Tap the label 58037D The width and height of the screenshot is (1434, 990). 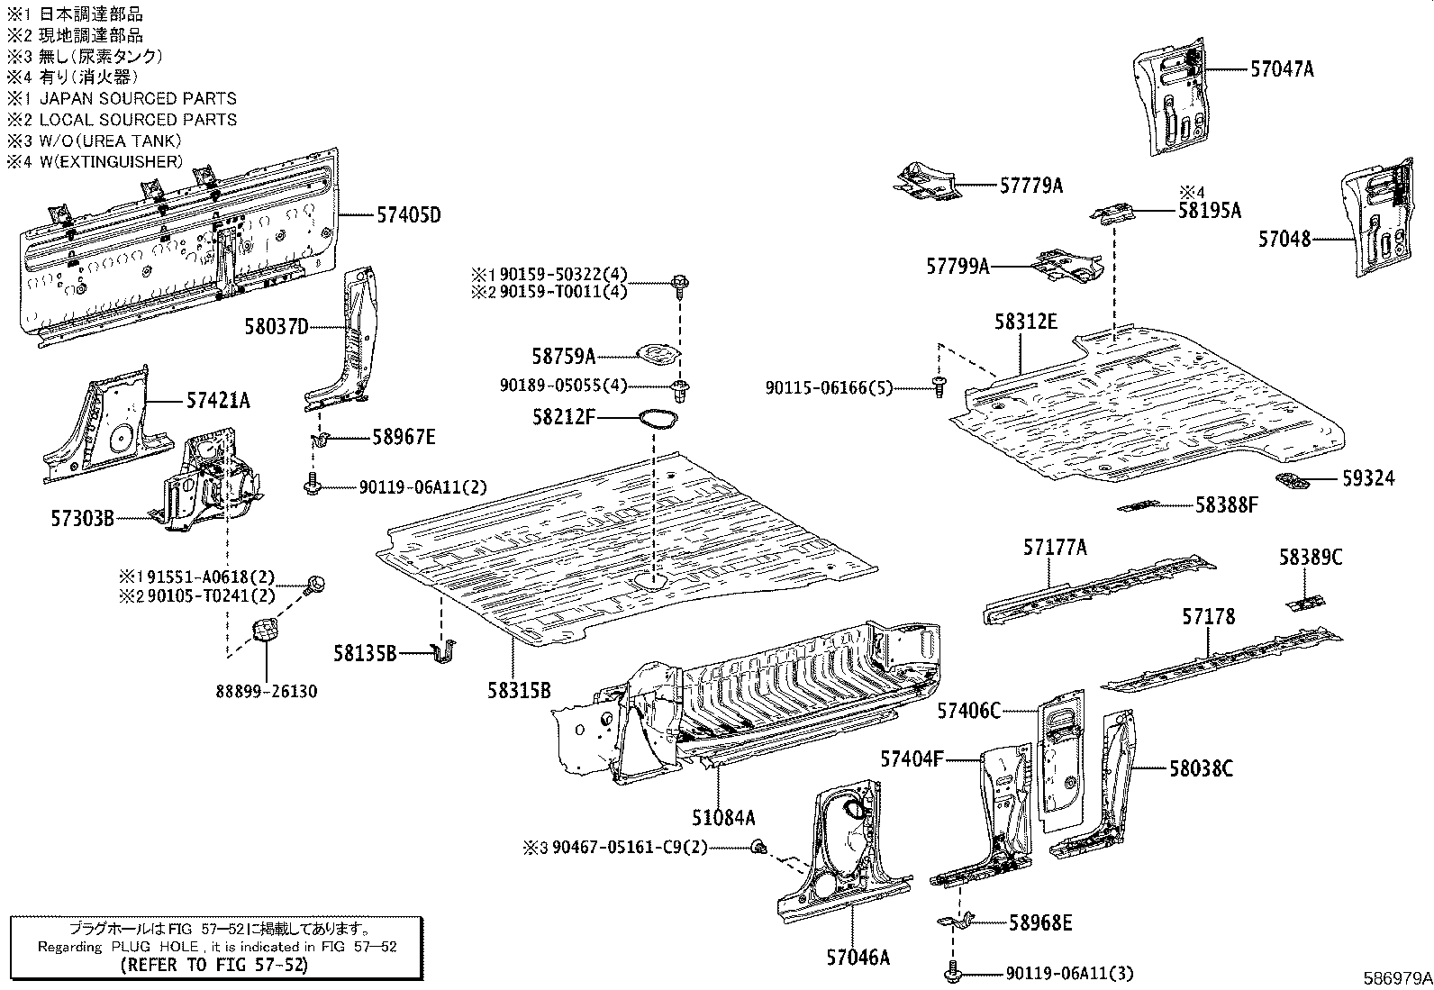[x=276, y=326]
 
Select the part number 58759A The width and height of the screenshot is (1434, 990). [x=563, y=357]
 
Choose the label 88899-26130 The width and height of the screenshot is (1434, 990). [x=266, y=692]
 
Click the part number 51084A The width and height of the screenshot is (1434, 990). [x=722, y=818]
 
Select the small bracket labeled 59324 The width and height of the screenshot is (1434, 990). [x=1293, y=480]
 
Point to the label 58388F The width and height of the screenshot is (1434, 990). [x=1226, y=505]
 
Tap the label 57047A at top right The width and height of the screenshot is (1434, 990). [x=1281, y=68]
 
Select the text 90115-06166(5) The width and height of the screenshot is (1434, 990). [x=829, y=387]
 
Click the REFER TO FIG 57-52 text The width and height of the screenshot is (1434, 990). [x=213, y=965]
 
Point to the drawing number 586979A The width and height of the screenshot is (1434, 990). [x=1397, y=977]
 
